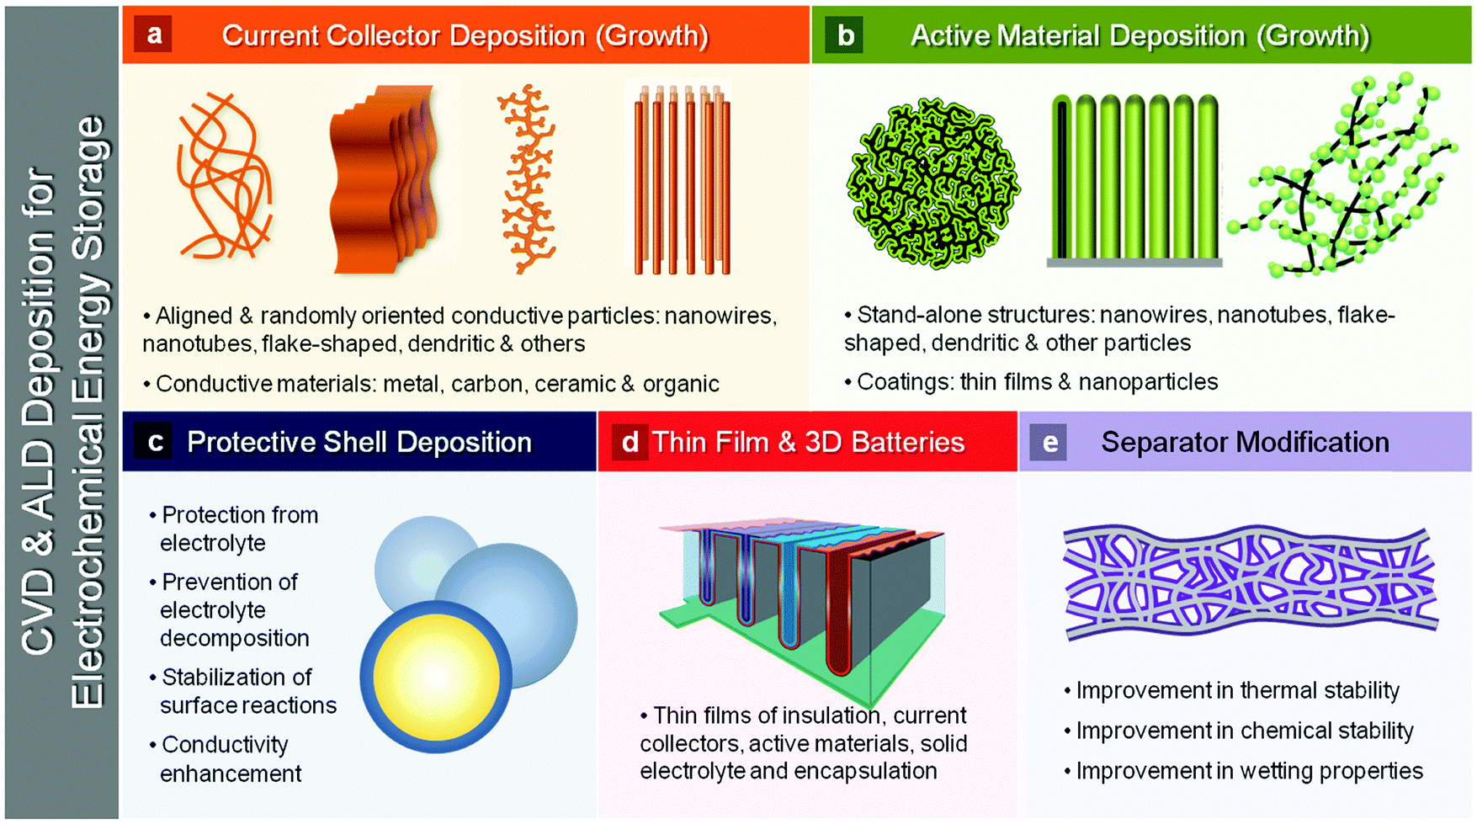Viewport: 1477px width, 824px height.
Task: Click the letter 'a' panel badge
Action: [x=152, y=35]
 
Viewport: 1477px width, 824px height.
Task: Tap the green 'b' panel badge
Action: [x=844, y=35]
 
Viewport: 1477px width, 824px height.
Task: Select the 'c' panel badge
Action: [x=154, y=441]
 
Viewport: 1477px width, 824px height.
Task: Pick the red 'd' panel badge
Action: [x=630, y=441]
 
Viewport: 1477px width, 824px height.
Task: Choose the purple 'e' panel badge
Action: [x=1049, y=441]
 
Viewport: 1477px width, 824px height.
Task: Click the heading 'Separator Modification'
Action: [x=1245, y=442]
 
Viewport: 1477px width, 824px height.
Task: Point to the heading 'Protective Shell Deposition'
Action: [x=359, y=442]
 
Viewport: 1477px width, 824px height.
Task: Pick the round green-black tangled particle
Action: [x=932, y=183]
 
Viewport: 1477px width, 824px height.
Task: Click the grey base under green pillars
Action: [x=1134, y=263]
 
